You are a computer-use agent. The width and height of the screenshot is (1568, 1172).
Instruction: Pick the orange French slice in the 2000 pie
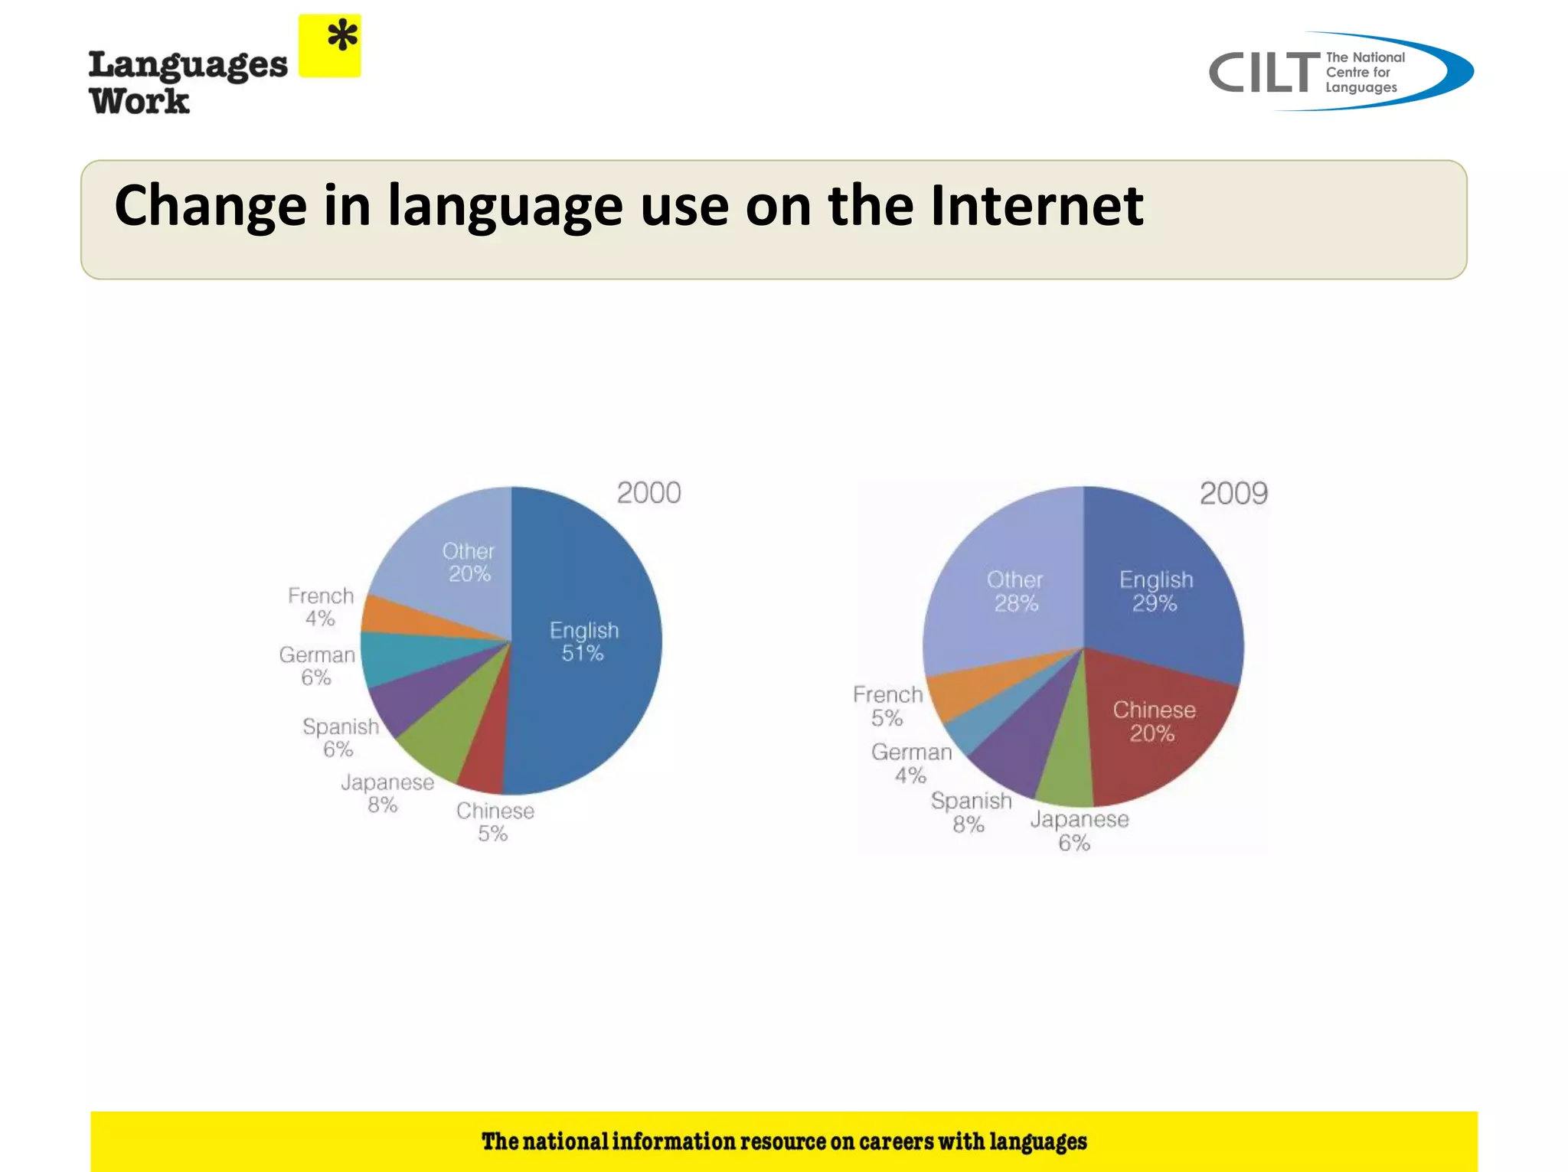coord(398,617)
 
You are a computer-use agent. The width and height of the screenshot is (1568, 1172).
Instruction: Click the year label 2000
coord(648,493)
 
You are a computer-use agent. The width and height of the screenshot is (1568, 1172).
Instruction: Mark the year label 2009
coord(1233,494)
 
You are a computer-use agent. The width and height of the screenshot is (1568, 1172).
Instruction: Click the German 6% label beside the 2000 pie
coord(317,666)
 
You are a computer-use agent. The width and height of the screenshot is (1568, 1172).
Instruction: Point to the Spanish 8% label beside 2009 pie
coord(971,812)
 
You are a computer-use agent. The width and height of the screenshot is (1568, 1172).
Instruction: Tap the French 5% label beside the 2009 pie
coord(888,706)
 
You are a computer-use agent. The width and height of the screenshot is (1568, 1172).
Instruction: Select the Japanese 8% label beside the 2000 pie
coord(387,793)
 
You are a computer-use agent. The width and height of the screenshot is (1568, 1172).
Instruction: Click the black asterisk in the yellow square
coord(342,37)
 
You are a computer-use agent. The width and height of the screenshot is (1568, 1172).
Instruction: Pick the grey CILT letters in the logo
coord(1264,73)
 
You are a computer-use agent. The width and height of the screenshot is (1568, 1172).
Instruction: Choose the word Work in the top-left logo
coord(139,101)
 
